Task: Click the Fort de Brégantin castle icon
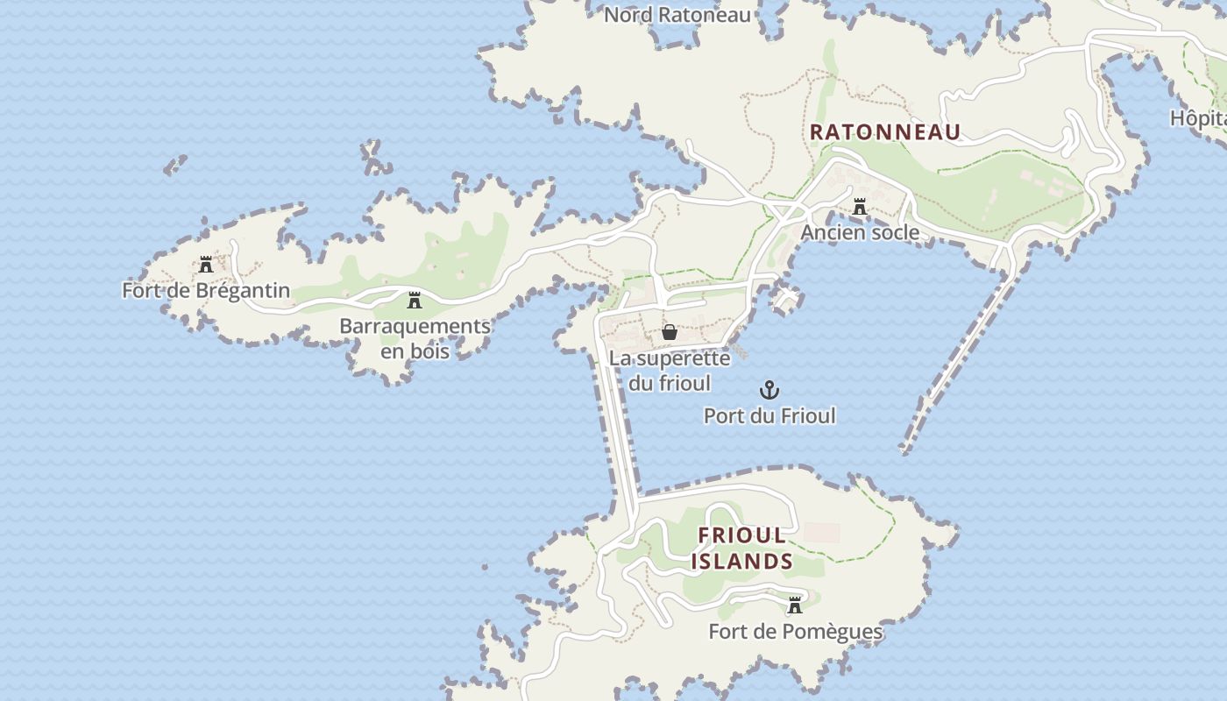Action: point(206,265)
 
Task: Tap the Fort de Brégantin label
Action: point(206,290)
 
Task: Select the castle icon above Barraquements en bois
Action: point(415,301)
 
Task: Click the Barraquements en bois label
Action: point(415,338)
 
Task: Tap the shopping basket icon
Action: point(670,332)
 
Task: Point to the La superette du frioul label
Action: point(670,371)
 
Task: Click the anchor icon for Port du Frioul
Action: point(769,390)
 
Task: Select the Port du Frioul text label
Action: point(770,415)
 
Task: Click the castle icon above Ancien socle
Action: point(860,207)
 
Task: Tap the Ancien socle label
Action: point(860,232)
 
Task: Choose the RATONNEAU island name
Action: point(885,132)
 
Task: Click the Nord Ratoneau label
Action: point(677,15)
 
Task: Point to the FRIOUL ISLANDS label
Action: point(742,548)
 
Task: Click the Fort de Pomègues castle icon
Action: point(795,605)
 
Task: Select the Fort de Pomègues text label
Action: point(795,631)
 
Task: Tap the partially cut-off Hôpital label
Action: point(1199,117)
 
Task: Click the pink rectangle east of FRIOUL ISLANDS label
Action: point(822,532)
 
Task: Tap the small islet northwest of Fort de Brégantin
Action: point(175,164)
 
